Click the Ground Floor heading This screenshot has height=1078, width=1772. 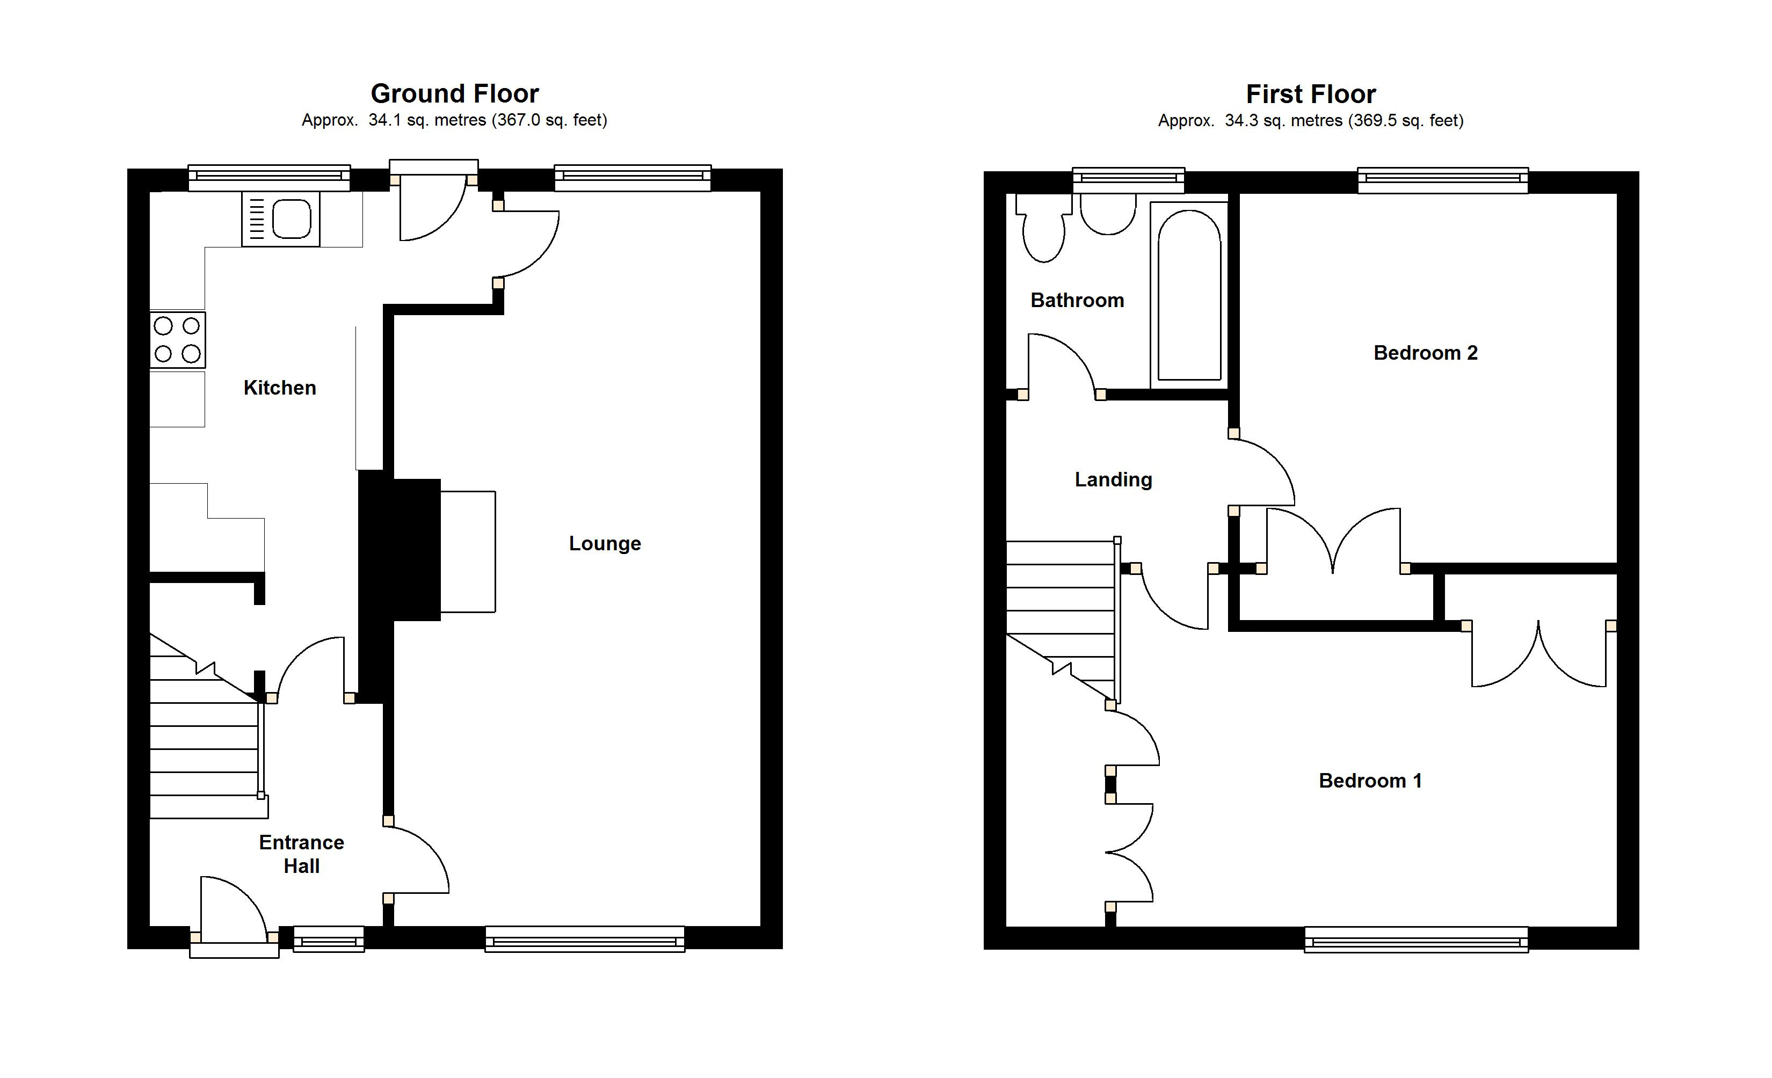[454, 93]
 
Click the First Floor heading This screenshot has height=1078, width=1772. [1310, 94]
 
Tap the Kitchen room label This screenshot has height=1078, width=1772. [280, 388]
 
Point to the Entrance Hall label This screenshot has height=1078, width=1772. [301, 854]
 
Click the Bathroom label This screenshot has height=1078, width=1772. [1077, 300]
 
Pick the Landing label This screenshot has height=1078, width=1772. [1113, 479]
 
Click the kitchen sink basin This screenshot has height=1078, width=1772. [291, 218]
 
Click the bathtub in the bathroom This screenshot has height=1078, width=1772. [1189, 295]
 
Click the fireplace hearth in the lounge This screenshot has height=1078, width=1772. [468, 551]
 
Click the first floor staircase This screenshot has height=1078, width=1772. [1061, 611]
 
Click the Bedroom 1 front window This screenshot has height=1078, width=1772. [1415, 939]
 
